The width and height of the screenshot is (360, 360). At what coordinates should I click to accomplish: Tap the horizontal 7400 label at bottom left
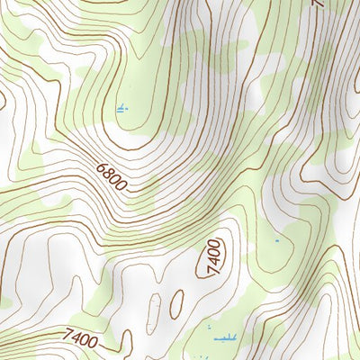(80, 339)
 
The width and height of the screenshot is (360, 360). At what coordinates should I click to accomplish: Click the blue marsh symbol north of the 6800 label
(121, 109)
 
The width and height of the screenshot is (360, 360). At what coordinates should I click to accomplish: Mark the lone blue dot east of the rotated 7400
(277, 241)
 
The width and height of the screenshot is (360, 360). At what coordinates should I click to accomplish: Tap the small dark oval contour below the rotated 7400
(178, 299)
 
